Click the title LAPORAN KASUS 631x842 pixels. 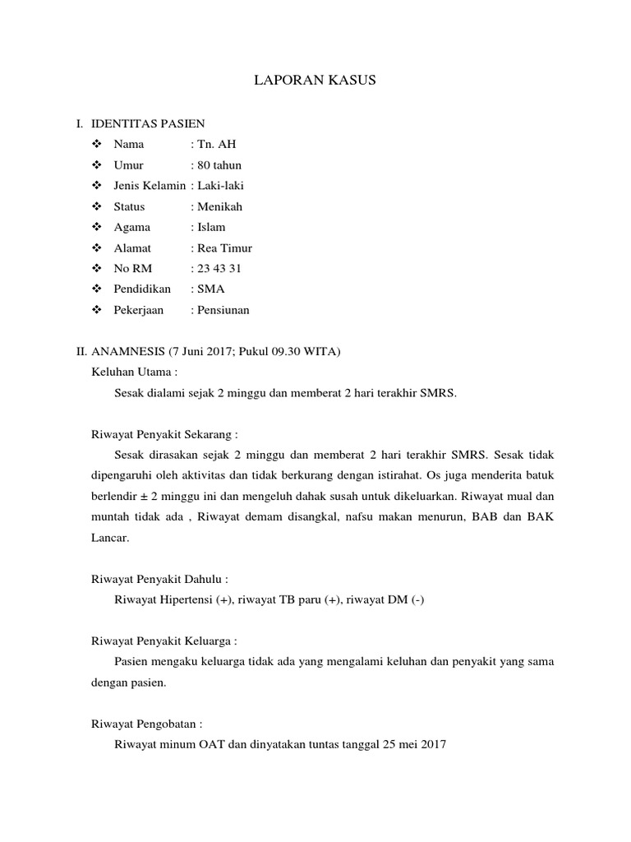[x=316, y=81]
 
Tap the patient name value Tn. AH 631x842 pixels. [x=217, y=145]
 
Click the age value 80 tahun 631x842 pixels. [x=219, y=165]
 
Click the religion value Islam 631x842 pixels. [x=211, y=227]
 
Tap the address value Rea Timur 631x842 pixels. [x=224, y=248]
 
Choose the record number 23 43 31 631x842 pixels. [x=219, y=269]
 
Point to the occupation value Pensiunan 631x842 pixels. [x=223, y=310]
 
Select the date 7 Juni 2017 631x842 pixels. [x=202, y=352]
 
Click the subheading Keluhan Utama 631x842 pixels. [x=134, y=372]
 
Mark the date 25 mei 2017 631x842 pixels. [x=414, y=745]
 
